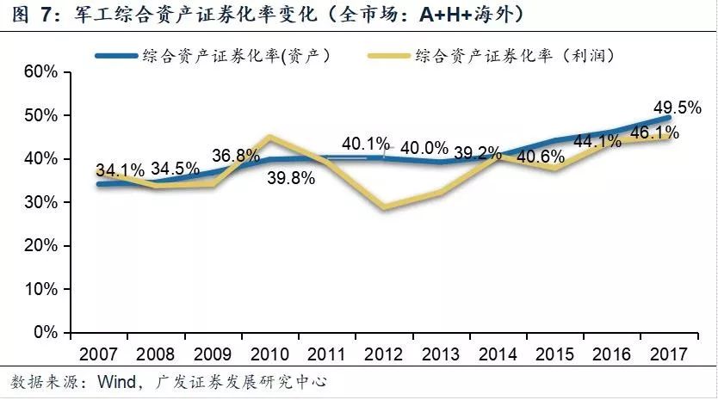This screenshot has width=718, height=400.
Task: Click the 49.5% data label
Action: [x=654, y=107]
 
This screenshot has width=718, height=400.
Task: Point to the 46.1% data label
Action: [x=654, y=132]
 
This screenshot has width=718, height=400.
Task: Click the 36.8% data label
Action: [x=235, y=157]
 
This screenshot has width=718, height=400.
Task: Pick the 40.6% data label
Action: [x=541, y=157]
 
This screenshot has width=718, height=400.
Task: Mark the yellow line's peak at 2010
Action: [x=270, y=137]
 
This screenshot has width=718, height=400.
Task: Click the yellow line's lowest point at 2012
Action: [x=385, y=207]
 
